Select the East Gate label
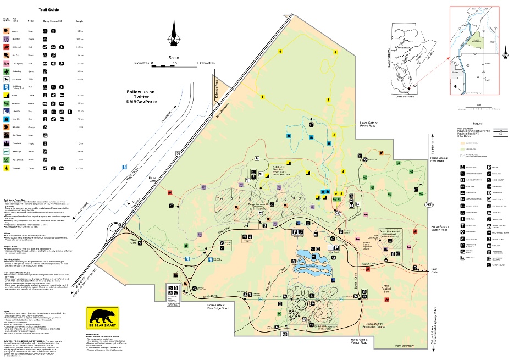(x=435, y=270)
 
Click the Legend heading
(x=477, y=124)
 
